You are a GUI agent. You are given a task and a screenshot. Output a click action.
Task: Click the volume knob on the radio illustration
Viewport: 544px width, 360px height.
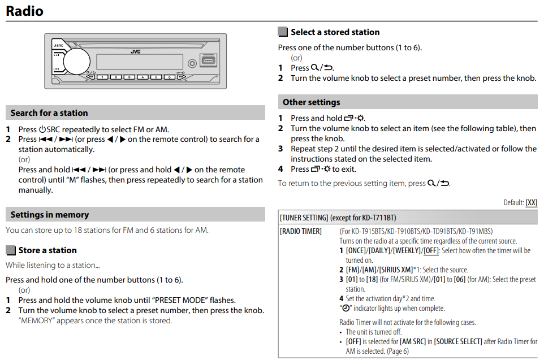(76, 60)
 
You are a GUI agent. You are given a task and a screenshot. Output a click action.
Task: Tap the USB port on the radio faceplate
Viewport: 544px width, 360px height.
(208, 60)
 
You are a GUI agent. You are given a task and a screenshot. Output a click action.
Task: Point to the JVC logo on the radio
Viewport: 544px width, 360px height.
(136, 51)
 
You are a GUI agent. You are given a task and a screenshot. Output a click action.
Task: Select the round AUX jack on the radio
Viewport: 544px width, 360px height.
(192, 63)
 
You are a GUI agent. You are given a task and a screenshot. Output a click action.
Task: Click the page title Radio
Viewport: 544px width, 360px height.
(24, 11)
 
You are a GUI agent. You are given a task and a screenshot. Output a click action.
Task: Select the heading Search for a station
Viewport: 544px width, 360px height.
(49, 113)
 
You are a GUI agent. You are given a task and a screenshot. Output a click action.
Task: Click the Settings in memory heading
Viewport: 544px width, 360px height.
(50, 215)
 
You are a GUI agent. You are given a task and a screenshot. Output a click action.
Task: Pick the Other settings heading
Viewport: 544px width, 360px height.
(312, 102)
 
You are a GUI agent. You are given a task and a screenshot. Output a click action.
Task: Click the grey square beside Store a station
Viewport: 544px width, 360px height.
(11, 250)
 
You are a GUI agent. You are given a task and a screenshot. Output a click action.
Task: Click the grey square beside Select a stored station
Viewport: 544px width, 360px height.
(283, 32)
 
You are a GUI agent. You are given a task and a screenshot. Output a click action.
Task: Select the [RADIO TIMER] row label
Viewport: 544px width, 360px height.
(301, 231)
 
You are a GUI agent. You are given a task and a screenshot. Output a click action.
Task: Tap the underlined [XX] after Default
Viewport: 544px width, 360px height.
(531, 203)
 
